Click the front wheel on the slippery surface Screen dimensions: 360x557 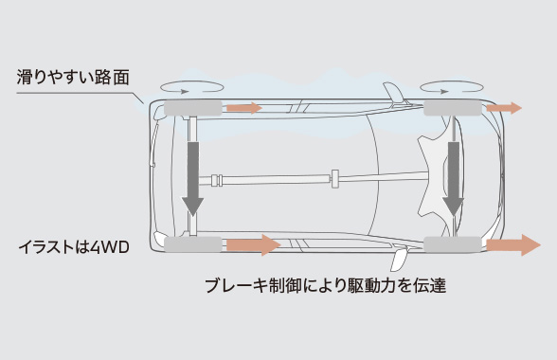(x=453, y=108)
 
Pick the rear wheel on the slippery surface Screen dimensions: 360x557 (x=191, y=107)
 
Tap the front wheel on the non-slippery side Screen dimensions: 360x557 (x=454, y=245)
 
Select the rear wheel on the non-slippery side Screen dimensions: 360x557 (x=192, y=245)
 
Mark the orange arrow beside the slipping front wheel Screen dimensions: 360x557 (x=503, y=108)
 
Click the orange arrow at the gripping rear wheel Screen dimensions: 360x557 (x=252, y=245)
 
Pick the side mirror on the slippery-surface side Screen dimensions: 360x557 (x=389, y=94)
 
